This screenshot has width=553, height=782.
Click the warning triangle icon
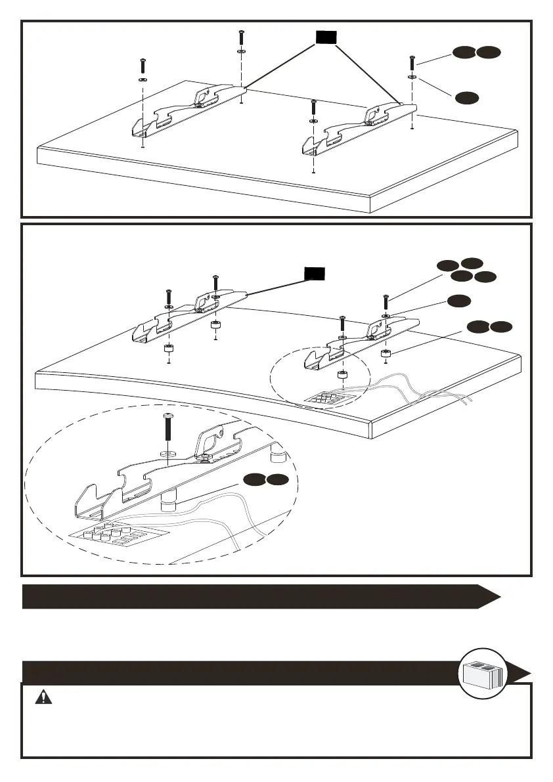44,698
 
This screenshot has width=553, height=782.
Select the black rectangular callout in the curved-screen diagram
314,273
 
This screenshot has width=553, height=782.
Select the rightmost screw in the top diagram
412,64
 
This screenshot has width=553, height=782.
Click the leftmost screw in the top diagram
143,66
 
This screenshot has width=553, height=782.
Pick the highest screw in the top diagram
242,37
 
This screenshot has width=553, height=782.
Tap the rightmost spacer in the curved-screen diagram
386,355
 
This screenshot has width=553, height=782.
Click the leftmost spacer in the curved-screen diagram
169,348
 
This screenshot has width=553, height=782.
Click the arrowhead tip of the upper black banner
500,597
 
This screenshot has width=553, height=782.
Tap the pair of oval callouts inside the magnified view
264,481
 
